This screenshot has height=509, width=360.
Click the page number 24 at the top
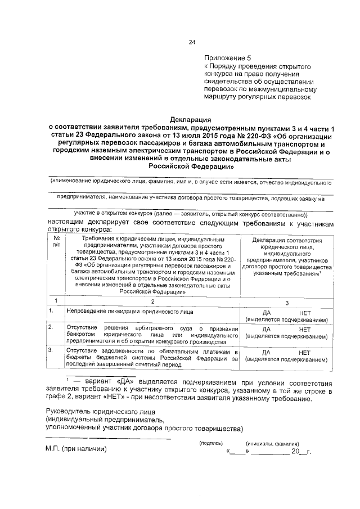pos(191,42)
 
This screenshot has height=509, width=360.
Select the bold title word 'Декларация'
pos(191,119)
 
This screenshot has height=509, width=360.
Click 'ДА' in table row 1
pos(268,312)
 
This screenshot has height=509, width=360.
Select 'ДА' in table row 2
pos(268,330)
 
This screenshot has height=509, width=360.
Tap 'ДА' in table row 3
pos(268,352)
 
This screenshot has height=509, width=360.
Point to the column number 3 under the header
pos(287,302)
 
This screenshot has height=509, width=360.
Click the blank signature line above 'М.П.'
pos(108,438)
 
